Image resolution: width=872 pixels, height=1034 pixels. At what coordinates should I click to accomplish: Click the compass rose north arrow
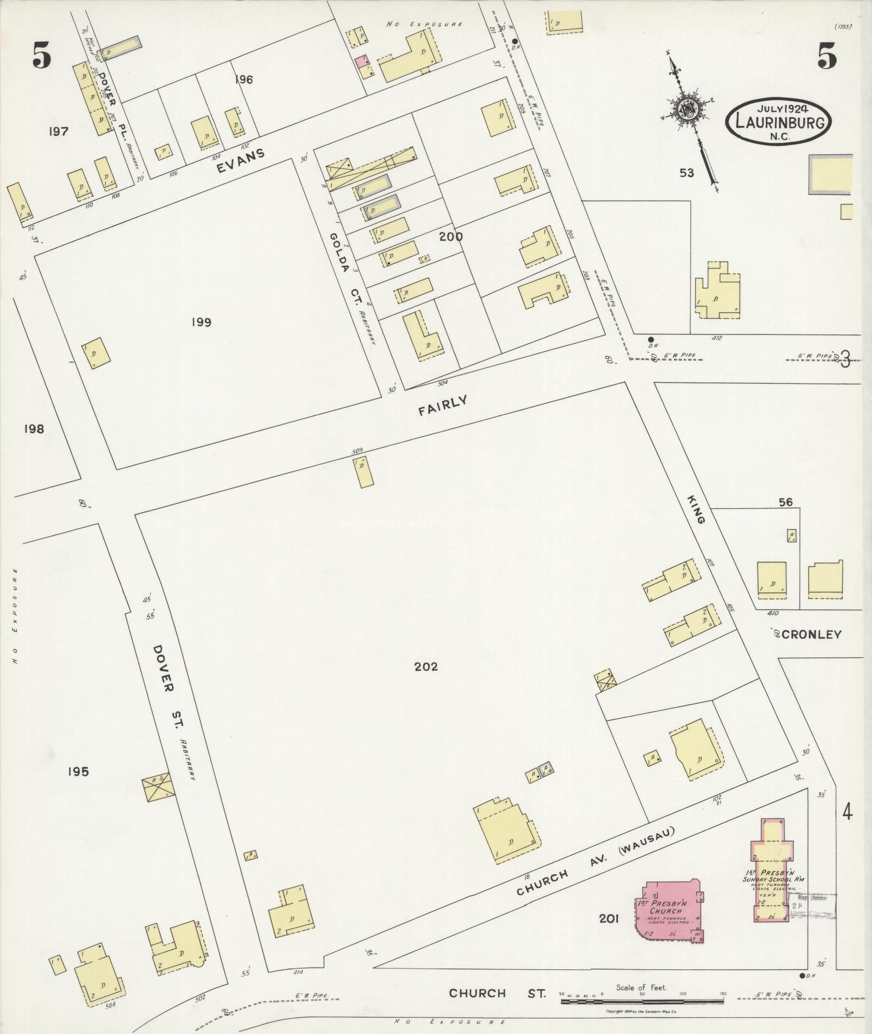pos(689,111)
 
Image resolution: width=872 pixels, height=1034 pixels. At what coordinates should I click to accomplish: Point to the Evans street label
pos(241,161)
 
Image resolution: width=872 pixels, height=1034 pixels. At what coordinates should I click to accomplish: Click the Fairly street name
pos(442,405)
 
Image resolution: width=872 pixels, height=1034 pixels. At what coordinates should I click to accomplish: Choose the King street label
pos(696,508)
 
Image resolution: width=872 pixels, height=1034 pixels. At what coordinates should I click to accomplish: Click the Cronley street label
pos(811,634)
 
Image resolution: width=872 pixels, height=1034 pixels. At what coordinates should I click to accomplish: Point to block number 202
pos(426,667)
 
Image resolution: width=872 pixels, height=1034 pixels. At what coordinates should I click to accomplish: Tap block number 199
pos(201,323)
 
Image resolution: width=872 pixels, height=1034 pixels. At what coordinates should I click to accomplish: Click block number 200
pos(451,236)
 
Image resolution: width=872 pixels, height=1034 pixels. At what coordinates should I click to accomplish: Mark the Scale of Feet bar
pos(642,1001)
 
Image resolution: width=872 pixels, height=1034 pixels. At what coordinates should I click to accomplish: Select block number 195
pos(78,772)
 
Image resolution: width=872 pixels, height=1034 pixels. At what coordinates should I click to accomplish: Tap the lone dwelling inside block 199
pos(96,353)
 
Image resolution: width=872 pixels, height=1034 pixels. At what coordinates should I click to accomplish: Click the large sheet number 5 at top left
pos(42,56)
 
